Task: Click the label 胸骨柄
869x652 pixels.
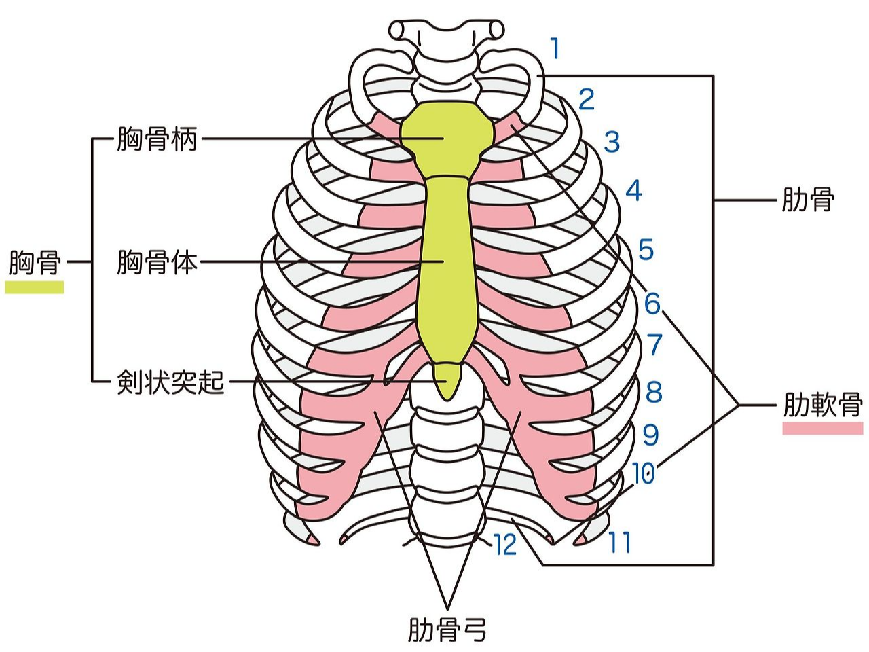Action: click(157, 140)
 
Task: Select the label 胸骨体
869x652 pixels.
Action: click(157, 261)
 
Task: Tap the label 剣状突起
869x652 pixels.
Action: click(170, 382)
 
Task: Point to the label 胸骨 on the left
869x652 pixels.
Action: click(35, 262)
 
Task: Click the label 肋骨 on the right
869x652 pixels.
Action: click(807, 200)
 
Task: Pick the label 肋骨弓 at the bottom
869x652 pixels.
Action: click(447, 630)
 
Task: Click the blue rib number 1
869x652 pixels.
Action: click(555, 50)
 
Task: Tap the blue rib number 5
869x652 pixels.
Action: click(646, 250)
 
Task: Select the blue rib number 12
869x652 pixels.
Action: click(506, 545)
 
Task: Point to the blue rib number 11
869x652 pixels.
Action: click(619, 543)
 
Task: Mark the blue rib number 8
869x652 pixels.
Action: click(654, 392)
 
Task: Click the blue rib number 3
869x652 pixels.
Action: click(612, 143)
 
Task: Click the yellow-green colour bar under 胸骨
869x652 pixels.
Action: click(35, 287)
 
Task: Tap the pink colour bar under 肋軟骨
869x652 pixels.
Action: click(823, 429)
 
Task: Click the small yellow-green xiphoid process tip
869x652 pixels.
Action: click(447, 380)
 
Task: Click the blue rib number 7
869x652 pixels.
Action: click(654, 345)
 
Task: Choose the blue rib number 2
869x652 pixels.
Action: click(586, 100)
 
